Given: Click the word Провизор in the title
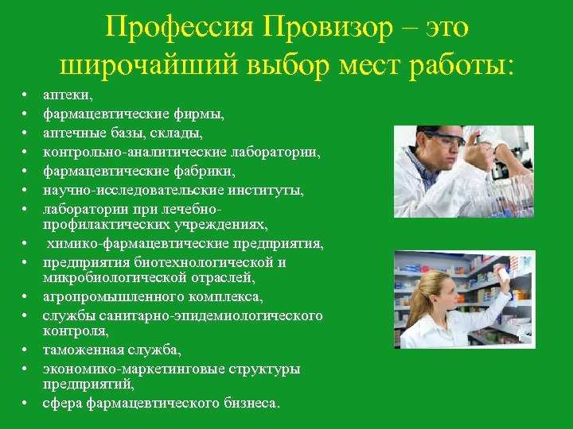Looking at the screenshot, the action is [327, 28].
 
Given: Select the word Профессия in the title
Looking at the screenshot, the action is [179, 28].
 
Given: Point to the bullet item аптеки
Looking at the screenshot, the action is [68, 95].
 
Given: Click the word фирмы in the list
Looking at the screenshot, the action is [198, 114].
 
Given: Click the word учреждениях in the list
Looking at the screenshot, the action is [220, 225].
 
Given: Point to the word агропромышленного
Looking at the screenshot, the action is [113, 297].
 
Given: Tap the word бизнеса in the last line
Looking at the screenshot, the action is [251, 403].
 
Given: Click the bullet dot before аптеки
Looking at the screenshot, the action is [25, 95].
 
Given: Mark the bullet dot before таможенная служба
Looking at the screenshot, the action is [25, 350].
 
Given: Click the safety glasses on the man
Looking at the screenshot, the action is [444, 139].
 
